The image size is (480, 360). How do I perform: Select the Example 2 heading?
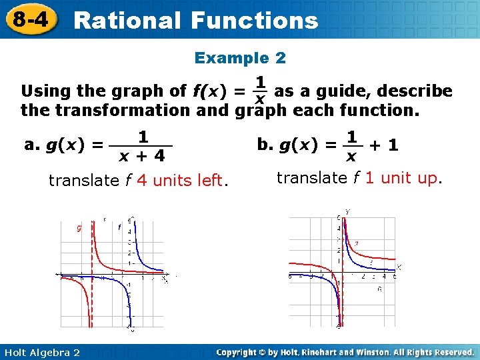(x=240, y=58)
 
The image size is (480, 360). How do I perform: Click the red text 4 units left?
(x=181, y=180)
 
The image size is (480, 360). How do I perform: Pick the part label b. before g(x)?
(x=265, y=145)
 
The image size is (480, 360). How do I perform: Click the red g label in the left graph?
(x=79, y=228)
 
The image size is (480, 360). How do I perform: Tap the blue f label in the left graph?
(x=119, y=227)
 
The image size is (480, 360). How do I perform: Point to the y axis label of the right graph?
(x=348, y=212)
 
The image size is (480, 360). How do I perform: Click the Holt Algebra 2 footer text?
(x=41, y=352)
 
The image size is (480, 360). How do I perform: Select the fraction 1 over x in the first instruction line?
(x=261, y=91)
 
